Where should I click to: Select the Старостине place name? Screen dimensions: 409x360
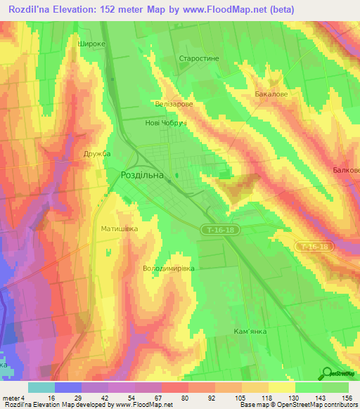pos(200,59)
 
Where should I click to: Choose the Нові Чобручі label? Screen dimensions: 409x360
pos(165,122)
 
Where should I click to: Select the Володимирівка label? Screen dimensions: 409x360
pos(168,268)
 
